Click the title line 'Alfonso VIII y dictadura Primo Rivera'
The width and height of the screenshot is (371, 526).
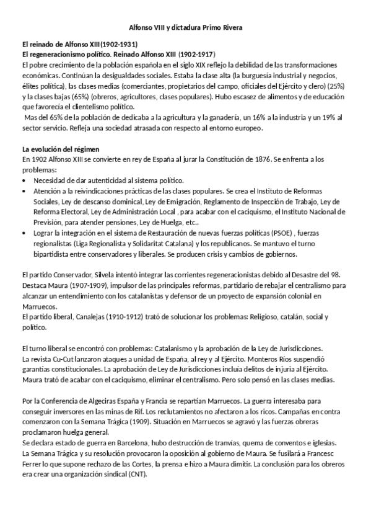185,29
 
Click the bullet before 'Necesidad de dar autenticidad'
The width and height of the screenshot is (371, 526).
24,181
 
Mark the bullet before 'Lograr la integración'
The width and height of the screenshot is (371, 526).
24,233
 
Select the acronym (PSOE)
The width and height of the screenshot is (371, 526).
258,233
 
